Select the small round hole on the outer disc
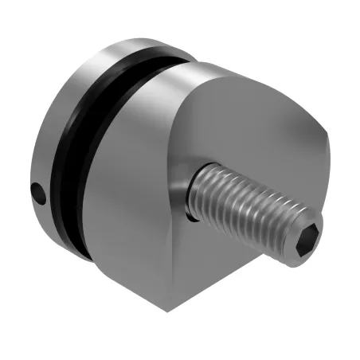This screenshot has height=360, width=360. coord(36,191)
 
